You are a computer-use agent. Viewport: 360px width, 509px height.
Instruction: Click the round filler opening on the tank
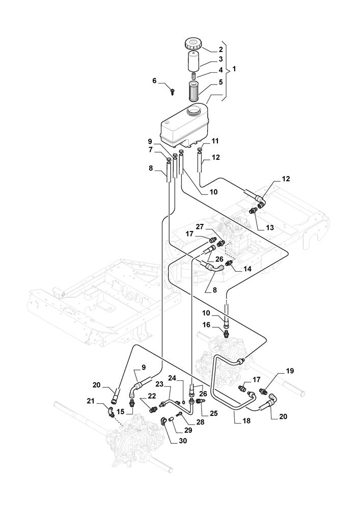click(196, 109)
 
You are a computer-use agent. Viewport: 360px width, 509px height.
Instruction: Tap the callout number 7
click(150, 150)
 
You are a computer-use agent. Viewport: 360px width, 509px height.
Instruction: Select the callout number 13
click(269, 228)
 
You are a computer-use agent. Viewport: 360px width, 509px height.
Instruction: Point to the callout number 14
click(248, 268)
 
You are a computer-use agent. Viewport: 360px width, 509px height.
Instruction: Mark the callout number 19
click(289, 371)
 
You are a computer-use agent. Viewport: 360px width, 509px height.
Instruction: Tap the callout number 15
click(120, 411)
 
